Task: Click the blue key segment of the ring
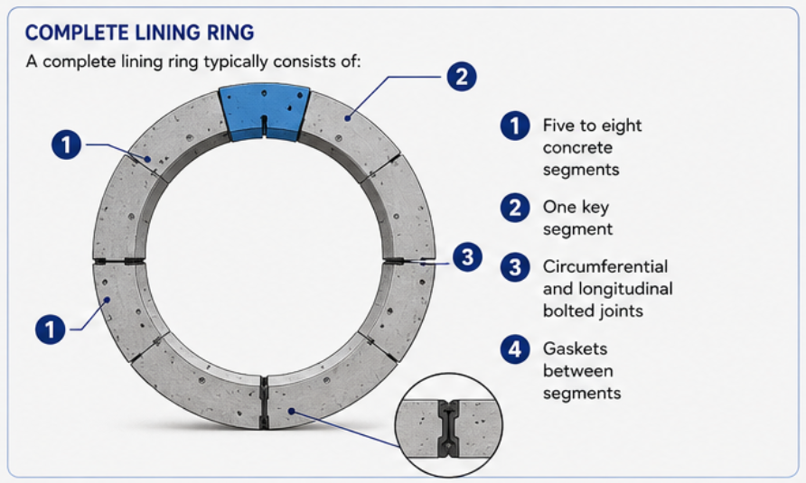264,113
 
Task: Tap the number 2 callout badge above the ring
462,77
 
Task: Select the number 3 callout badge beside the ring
467,257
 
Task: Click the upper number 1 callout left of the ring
66,144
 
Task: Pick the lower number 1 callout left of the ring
50,329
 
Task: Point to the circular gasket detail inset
449,425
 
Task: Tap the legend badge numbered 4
515,349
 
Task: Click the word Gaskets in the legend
575,348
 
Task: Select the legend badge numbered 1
515,125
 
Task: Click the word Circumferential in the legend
605,266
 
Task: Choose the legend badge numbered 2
515,208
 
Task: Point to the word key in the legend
595,208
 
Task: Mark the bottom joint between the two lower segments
264,402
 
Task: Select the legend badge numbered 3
515,267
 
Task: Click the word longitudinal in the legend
625,289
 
